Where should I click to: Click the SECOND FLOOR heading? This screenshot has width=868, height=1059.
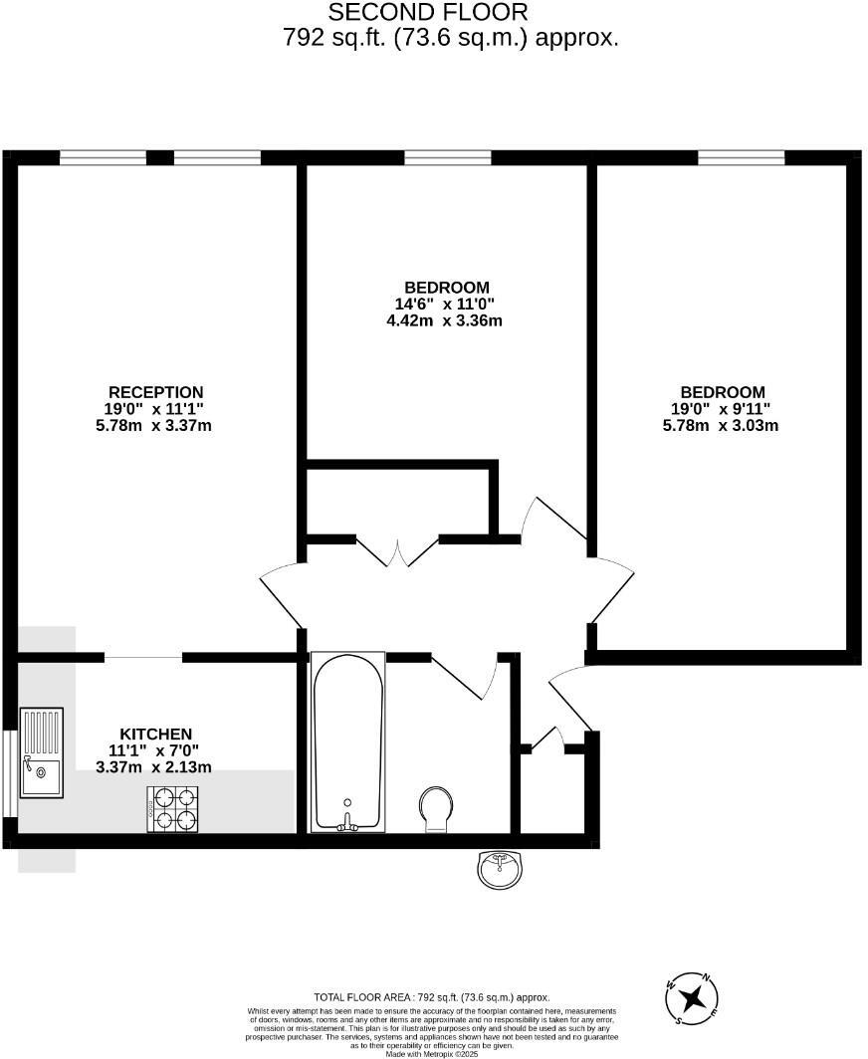click(428, 13)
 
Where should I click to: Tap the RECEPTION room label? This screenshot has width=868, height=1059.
click(155, 392)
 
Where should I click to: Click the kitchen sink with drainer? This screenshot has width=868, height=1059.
click(41, 752)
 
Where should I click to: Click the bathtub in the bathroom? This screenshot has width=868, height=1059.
click(347, 741)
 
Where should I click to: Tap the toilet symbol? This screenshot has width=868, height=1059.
click(435, 807)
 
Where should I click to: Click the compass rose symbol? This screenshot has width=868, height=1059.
click(693, 997)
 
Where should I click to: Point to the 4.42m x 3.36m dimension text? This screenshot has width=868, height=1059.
click(444, 320)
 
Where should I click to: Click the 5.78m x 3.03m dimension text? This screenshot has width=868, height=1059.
click(721, 425)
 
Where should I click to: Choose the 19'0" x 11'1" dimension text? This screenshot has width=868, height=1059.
click(155, 409)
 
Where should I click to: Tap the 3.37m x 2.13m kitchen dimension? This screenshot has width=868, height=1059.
click(153, 766)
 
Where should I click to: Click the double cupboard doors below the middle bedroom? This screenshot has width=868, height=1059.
click(397, 551)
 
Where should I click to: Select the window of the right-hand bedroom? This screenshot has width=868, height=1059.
click(741, 157)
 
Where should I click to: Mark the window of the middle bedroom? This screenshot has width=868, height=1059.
click(447, 157)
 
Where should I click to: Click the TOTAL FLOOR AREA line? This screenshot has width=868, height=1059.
click(431, 996)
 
